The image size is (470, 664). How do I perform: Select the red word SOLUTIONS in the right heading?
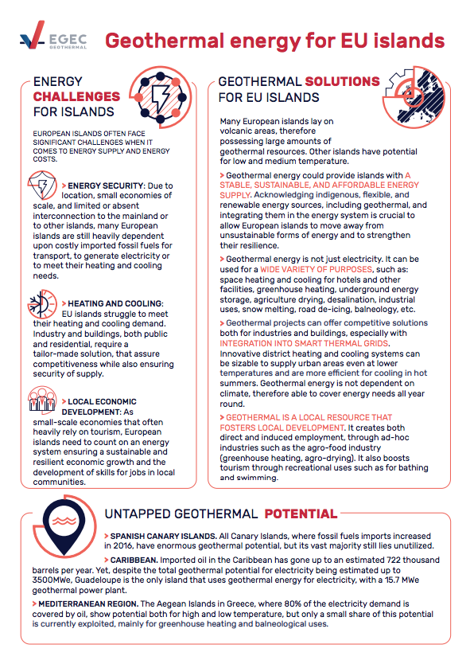coord(343,82)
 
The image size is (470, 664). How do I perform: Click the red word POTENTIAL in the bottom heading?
coord(301,514)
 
